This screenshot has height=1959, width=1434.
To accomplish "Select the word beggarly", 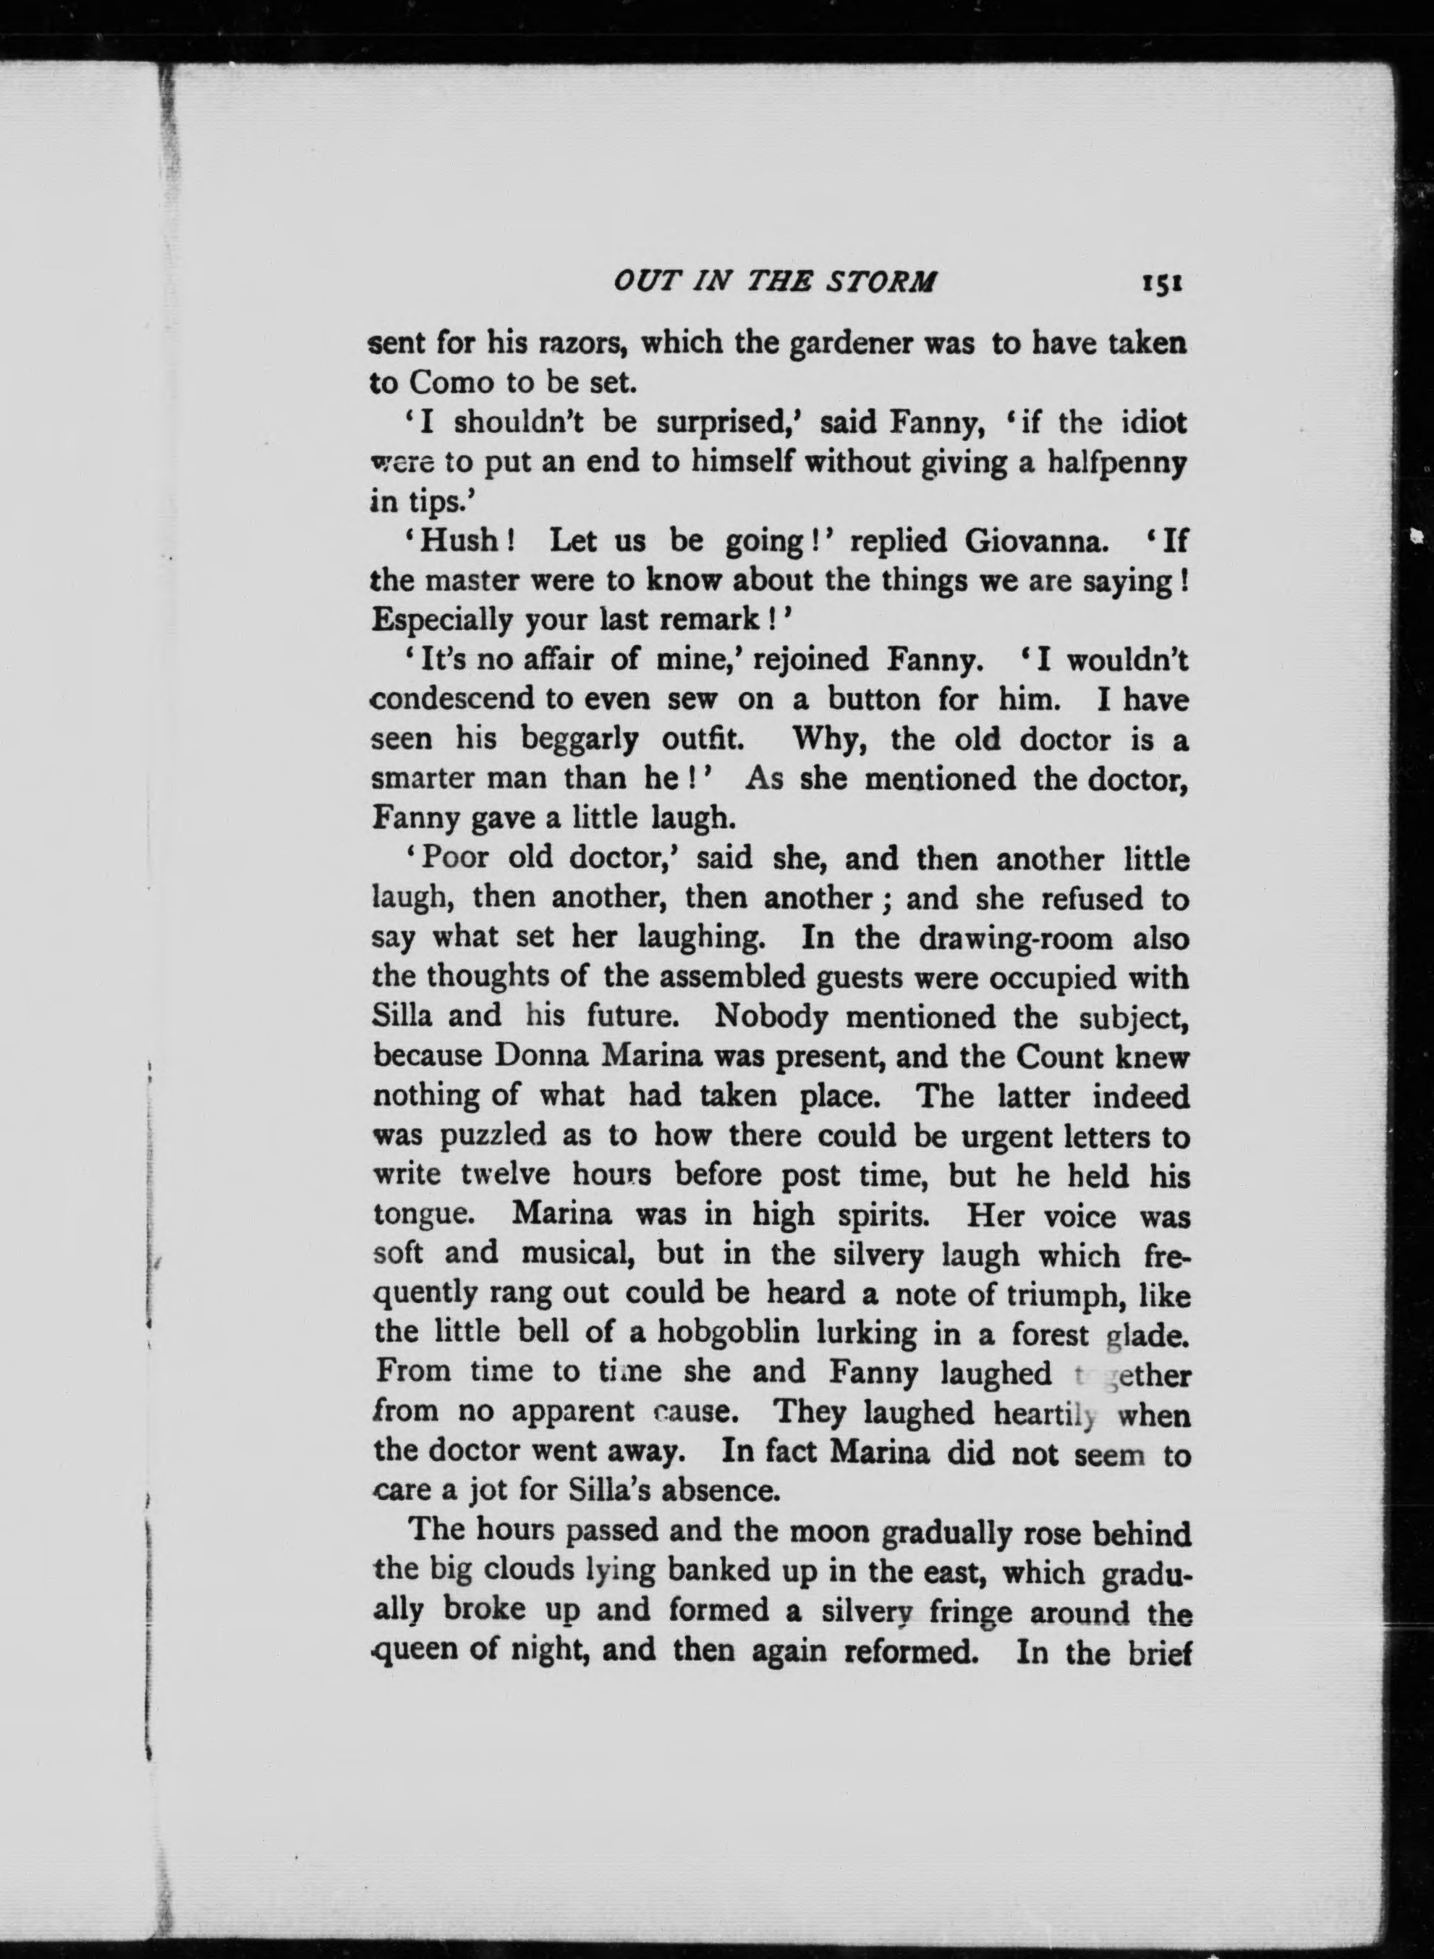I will pos(579,740).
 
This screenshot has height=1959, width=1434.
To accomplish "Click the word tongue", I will pos(423,1215).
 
